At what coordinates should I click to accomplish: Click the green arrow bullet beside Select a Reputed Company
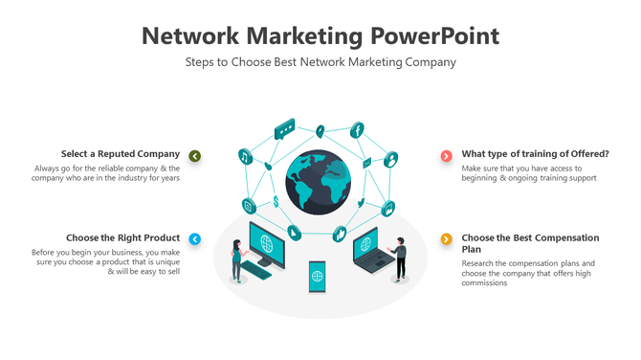coord(195,155)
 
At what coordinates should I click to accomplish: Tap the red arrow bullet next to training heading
coord(446,155)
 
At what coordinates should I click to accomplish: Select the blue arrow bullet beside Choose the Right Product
coord(195,238)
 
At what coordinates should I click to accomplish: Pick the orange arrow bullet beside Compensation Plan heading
coord(446,238)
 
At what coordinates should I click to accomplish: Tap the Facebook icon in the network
coord(358,129)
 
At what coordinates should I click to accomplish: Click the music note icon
coord(245,156)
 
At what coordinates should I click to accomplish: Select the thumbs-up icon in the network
coord(339,233)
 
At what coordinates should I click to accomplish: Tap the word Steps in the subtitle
coord(201,62)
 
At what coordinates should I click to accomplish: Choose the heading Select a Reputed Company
coord(121,154)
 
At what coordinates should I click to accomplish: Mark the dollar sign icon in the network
coord(276,201)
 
